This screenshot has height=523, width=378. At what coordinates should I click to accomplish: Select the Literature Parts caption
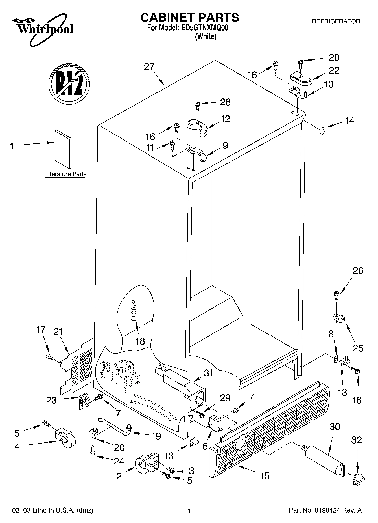pos(66,174)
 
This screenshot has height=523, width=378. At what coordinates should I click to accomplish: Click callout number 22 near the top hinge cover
pos(334,70)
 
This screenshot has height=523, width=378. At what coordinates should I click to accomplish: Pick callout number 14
pos(349,120)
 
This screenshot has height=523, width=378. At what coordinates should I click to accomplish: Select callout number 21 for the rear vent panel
pos(58,332)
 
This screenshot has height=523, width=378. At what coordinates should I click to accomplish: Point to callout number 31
pos(208,373)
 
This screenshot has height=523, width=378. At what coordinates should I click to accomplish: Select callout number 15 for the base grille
pos(265,476)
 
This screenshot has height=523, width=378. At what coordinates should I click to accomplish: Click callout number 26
pos(358,271)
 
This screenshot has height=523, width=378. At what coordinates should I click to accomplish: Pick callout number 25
pos(358,348)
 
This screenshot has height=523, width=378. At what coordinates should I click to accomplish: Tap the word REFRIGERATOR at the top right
pos(336,21)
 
